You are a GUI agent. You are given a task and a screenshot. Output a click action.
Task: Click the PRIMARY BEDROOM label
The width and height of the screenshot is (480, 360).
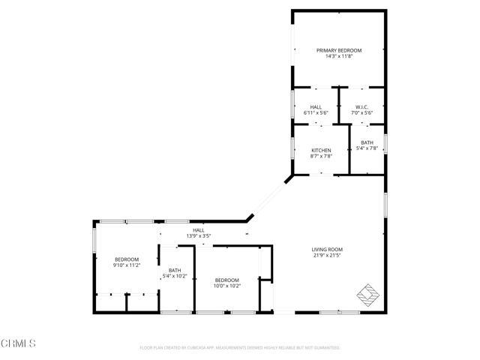point(338,50)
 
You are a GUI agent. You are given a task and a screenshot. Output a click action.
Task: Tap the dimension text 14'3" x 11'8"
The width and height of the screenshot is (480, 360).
point(338,56)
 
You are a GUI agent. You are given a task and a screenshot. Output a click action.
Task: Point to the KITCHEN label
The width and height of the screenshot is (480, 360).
point(321,150)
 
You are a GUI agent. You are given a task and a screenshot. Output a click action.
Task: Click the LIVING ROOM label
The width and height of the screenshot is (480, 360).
point(327,249)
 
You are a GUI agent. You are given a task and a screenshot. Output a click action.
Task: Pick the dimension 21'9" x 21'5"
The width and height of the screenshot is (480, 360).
point(327,255)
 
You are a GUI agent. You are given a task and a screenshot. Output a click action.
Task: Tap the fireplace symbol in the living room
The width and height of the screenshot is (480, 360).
point(367,293)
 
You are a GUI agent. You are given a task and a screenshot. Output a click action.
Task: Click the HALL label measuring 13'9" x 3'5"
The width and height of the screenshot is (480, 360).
point(198,230)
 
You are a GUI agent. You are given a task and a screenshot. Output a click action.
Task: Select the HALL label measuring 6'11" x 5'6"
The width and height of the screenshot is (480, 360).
point(316,106)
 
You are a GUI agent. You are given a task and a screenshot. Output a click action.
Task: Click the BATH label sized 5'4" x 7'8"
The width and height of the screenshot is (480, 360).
point(367,142)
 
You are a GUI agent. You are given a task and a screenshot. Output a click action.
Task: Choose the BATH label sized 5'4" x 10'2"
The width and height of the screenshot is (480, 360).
point(175,271)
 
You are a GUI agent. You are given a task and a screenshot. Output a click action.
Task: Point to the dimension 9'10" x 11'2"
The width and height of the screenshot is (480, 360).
point(127,265)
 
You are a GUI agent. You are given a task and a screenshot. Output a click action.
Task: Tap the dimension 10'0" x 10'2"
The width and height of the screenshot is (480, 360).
point(226,285)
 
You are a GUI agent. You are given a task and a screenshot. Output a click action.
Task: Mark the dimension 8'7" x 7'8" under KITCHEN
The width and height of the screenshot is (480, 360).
point(321,156)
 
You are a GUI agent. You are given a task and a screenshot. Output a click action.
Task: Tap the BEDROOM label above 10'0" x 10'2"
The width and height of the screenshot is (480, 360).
point(226,279)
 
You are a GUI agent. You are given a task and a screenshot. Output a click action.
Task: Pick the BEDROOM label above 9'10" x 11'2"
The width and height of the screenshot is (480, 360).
point(127,259)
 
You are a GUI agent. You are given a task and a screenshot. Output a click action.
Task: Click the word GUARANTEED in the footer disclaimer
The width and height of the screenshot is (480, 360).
point(324,348)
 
